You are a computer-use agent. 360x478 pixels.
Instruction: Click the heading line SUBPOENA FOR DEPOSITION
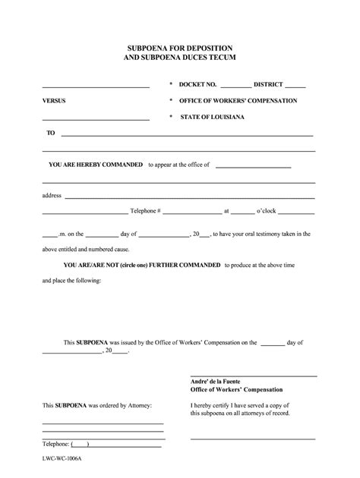(x=180, y=46)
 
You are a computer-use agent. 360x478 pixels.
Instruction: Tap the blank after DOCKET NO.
(x=235, y=86)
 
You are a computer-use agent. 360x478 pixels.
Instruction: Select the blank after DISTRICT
(x=296, y=86)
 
